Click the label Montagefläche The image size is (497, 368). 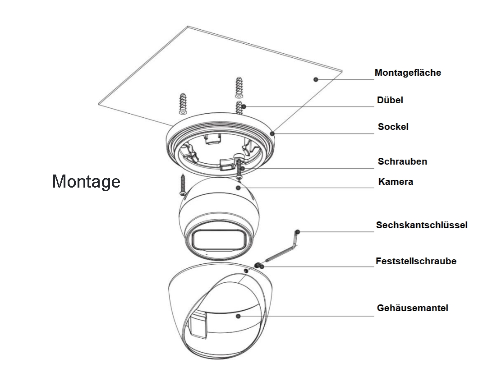coord(408,72)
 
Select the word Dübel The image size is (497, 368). coord(390,100)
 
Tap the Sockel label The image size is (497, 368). coord(393,127)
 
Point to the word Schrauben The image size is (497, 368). coord(402,161)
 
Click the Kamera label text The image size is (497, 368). coord(396,182)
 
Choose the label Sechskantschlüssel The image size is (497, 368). coord(422,225)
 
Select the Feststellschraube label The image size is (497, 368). coord(416,261)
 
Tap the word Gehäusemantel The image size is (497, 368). coord(412,308)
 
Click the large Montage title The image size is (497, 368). coord(86,181)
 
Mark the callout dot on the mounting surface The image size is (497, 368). coord(316,79)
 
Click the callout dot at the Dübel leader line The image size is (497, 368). coord(244,106)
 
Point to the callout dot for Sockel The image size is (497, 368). coord(273,133)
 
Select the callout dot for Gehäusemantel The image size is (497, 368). coord(238,316)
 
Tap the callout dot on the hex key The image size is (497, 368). coord(298,232)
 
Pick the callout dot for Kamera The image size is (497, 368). coord(238,187)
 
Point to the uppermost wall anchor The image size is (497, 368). coord(239,88)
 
